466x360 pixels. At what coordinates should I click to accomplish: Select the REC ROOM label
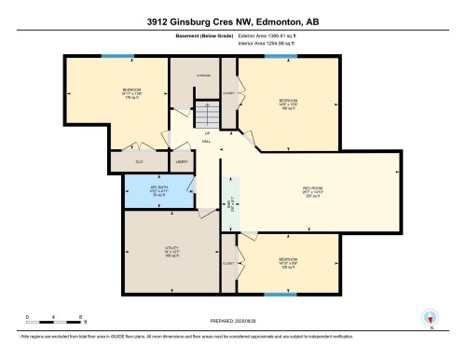(312, 173)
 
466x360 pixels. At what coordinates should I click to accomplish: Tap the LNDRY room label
(180, 160)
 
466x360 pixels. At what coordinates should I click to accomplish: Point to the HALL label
(207, 143)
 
